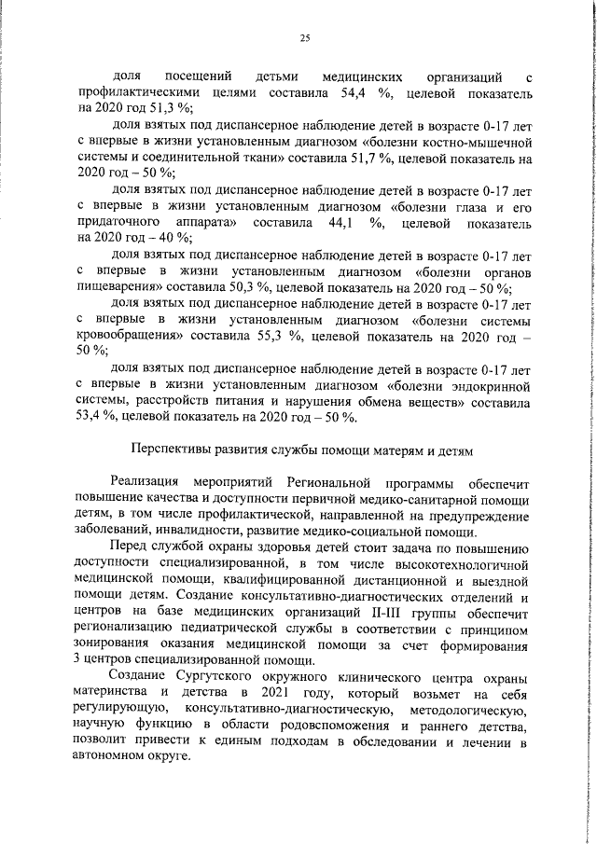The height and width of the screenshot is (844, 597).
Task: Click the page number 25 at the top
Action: click(304, 38)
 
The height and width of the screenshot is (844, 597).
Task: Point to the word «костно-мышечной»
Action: click(481, 143)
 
